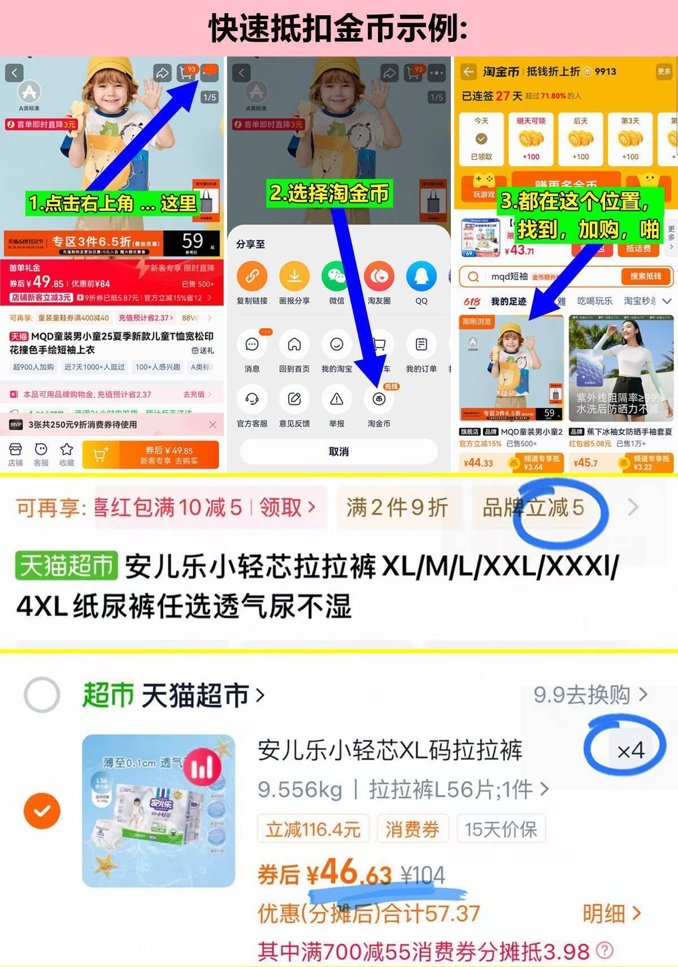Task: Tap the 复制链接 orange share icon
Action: [x=252, y=276]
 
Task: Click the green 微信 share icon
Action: [x=337, y=276]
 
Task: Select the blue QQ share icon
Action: [x=421, y=276]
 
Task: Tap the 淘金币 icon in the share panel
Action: [x=379, y=400]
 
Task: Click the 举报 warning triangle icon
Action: [x=337, y=400]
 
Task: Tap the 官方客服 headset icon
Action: [x=252, y=400]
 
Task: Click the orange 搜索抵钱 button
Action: [x=645, y=276]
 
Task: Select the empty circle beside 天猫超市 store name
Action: [x=42, y=694]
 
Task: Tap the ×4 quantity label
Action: [x=631, y=751]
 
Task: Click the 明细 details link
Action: [x=611, y=913]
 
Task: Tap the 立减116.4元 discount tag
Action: [x=313, y=830]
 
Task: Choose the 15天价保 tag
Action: [x=501, y=830]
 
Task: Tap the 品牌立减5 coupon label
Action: [x=533, y=508]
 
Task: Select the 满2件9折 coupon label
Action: [x=397, y=508]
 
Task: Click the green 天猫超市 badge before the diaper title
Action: [x=67, y=566]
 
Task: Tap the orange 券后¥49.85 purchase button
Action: [x=150, y=454]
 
